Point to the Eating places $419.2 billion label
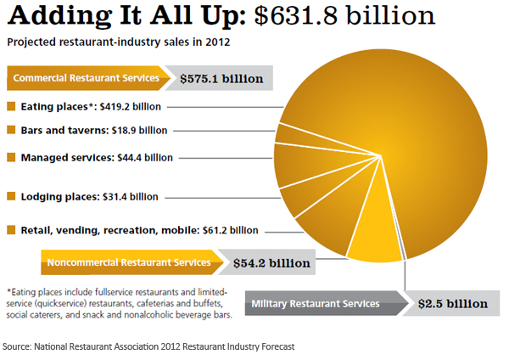(94, 107)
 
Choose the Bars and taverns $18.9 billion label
(93, 131)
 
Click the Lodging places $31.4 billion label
(88, 196)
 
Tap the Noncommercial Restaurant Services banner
(127, 262)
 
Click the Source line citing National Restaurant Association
(148, 346)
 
